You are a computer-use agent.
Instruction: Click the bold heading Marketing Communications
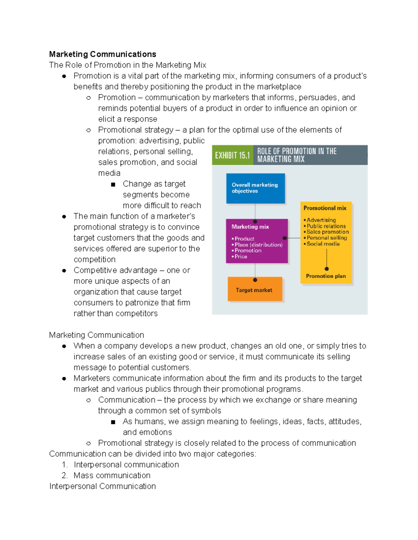pos(102,54)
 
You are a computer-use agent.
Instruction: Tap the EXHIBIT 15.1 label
pos(232,155)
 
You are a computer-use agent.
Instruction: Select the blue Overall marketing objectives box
pos(255,188)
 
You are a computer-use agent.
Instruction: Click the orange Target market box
pos(255,290)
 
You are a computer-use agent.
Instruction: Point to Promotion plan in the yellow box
pos(326,276)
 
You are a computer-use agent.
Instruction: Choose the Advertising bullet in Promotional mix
pos(321,220)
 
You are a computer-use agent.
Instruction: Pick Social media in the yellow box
pos(323,244)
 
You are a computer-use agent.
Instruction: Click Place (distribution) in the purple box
pos(258,245)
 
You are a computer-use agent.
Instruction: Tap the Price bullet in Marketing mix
pos(241,257)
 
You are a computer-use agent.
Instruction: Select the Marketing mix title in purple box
pos(250,227)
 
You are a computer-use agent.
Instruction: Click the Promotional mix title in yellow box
pos(325,208)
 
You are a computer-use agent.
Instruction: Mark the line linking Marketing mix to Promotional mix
pos(294,238)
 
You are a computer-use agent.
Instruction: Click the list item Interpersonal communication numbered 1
pos(126,465)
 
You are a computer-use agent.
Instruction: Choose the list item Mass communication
pos(112,475)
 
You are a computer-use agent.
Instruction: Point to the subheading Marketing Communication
pos(96,335)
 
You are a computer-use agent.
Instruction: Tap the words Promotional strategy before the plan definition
pos(136,130)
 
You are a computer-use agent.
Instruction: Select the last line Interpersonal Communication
pos(102,486)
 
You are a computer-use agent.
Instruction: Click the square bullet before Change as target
pos(113,184)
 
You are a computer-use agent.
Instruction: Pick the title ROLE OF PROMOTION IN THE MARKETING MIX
pos(297,155)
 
